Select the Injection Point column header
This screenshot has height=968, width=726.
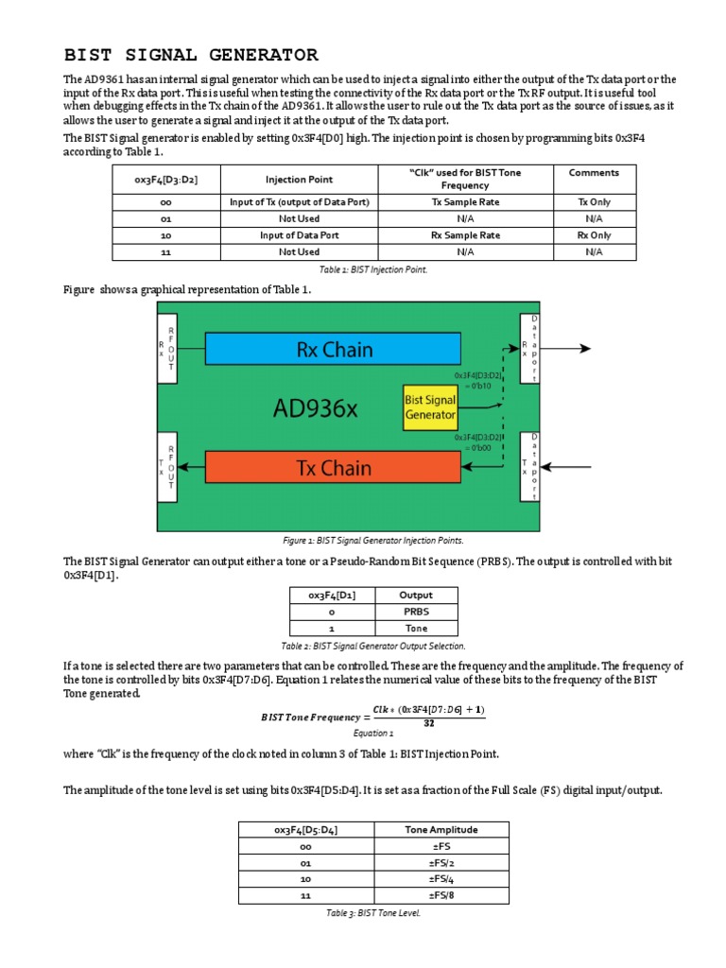pyautogui.click(x=298, y=179)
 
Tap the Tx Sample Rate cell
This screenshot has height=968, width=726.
pyautogui.click(x=465, y=202)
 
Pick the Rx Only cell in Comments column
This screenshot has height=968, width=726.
pyautogui.click(x=594, y=235)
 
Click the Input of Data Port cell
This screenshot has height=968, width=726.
pyautogui.click(x=298, y=235)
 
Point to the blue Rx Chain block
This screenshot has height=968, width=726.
pyautogui.click(x=334, y=349)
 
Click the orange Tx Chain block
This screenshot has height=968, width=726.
pyautogui.click(x=334, y=466)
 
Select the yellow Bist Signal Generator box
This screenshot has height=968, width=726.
pyautogui.click(x=430, y=407)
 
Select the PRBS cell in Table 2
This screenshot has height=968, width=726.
pyautogui.click(x=416, y=612)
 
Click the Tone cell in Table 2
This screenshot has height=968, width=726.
pyautogui.click(x=416, y=628)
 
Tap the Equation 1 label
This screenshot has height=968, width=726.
pyautogui.click(x=372, y=733)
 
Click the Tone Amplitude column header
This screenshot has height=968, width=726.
pyautogui.click(x=441, y=829)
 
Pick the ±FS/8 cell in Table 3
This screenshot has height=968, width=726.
pyautogui.click(x=441, y=895)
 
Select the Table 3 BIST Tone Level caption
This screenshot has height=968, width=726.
pyautogui.click(x=372, y=914)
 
